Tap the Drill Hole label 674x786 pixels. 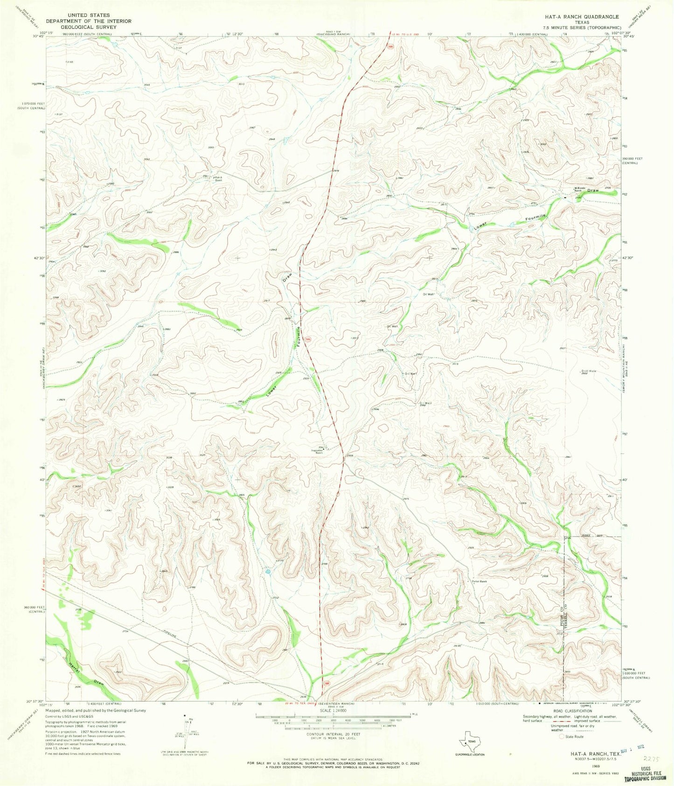pyautogui.click(x=589, y=371)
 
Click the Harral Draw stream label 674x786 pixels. pyautogui.click(x=84, y=674)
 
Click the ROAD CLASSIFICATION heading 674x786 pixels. pyautogui.click(x=581, y=715)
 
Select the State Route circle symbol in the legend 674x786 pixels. pyautogui.click(x=561, y=737)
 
